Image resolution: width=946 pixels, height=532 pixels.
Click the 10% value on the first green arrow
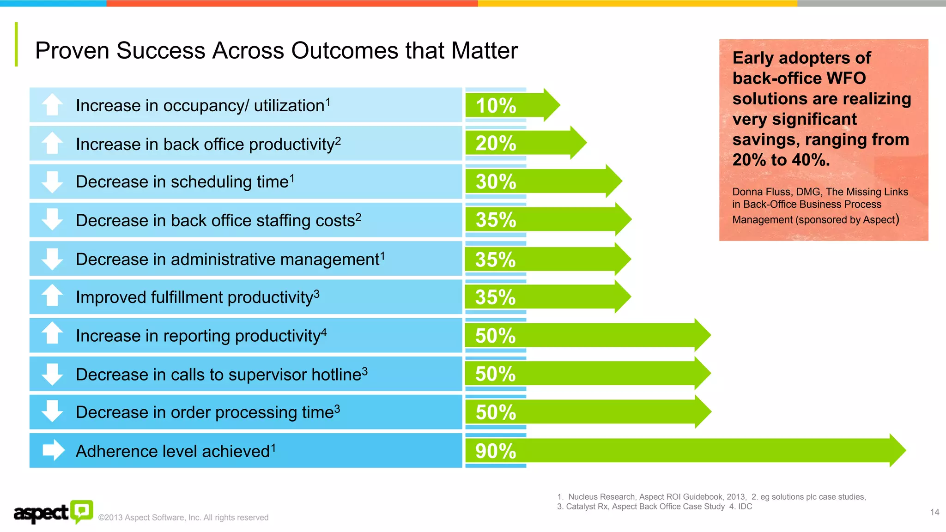[496, 106]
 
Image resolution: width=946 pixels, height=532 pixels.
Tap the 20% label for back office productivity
[496, 144]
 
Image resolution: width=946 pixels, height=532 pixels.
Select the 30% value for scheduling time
[496, 182]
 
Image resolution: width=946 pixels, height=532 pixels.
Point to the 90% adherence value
[496, 451]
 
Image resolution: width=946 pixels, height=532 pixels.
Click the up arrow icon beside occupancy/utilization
[52, 105]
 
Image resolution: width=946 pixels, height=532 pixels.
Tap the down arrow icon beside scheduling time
[52, 182]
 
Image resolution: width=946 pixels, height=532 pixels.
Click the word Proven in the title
[72, 51]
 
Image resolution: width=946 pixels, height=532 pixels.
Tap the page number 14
[934, 512]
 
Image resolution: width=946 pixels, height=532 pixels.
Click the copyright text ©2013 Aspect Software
[183, 518]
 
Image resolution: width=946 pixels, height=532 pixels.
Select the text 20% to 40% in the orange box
[781, 160]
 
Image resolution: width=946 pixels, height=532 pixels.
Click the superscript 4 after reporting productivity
[324, 332]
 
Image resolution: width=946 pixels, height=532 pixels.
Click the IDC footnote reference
[745, 507]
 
